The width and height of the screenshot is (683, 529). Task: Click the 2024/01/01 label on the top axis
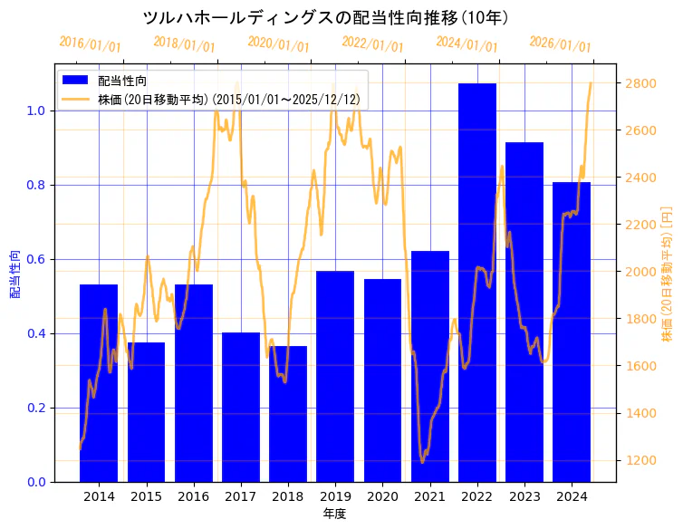[x=467, y=43]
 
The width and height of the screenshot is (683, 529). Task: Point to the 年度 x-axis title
[x=334, y=514]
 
